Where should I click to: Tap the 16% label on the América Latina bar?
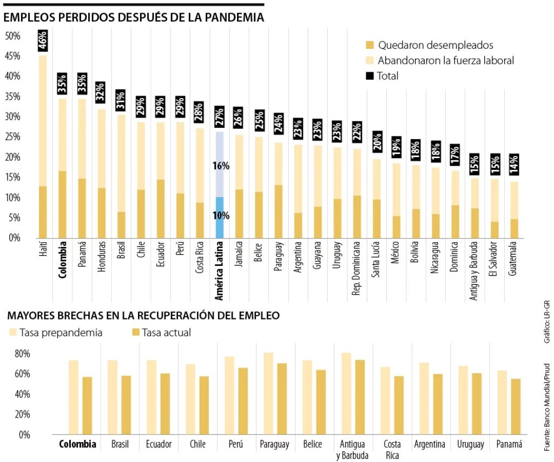point(221,166)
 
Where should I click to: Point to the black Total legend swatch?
point(370,76)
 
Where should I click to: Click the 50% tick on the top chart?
point(12,36)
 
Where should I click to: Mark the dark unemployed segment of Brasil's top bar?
point(121,225)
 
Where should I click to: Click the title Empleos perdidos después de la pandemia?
point(134,17)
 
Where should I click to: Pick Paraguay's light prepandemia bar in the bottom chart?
point(269,393)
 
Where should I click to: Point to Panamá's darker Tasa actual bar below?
point(516,406)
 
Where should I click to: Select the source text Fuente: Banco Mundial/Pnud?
point(547,407)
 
